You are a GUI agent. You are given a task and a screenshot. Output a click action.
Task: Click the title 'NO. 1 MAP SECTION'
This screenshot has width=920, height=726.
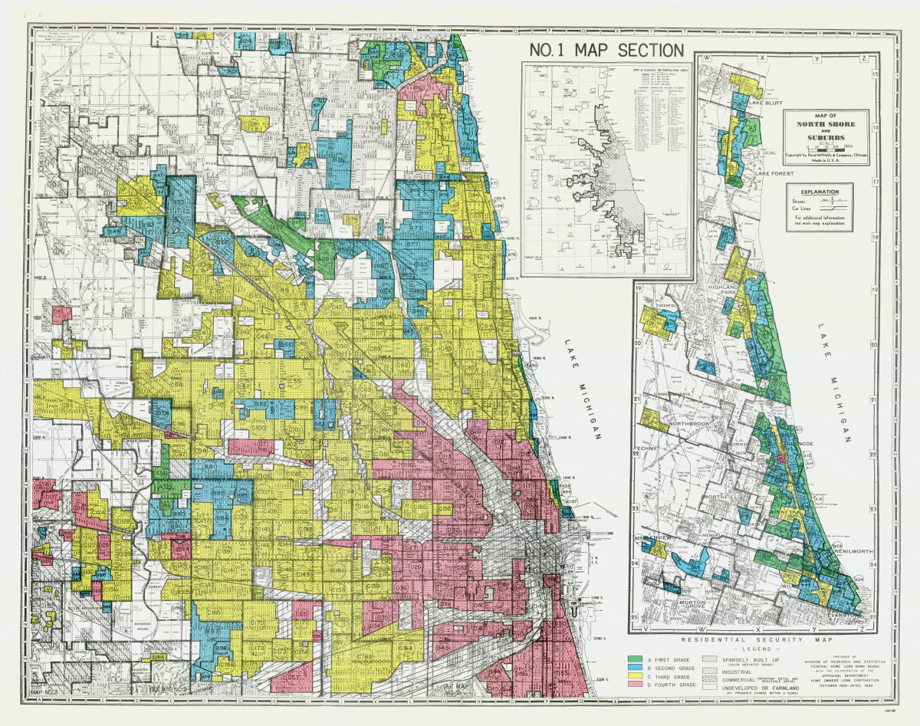coord(606,51)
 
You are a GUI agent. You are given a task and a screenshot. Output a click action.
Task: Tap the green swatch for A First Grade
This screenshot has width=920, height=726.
coord(634,659)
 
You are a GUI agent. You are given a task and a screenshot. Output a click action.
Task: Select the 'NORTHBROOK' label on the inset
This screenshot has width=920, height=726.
coord(675,423)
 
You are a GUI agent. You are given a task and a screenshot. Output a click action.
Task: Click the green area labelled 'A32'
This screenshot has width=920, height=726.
coord(165,487)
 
